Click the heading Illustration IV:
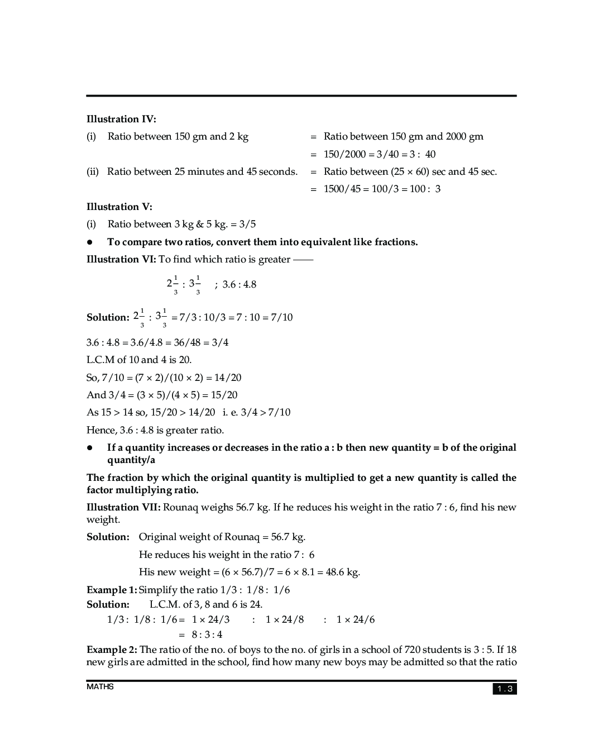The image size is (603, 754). click(x=121, y=119)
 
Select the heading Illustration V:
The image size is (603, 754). click(x=119, y=207)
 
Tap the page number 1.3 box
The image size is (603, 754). click(x=504, y=689)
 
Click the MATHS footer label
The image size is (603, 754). click(x=100, y=686)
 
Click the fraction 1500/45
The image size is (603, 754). click(x=342, y=189)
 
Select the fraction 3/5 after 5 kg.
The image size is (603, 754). click(x=247, y=224)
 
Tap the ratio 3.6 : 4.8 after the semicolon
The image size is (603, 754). click(x=240, y=284)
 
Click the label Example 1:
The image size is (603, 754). click(x=112, y=590)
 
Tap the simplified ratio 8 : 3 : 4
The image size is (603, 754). click(x=207, y=634)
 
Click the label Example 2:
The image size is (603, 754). click(x=112, y=650)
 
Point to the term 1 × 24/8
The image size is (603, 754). click(x=285, y=619)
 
